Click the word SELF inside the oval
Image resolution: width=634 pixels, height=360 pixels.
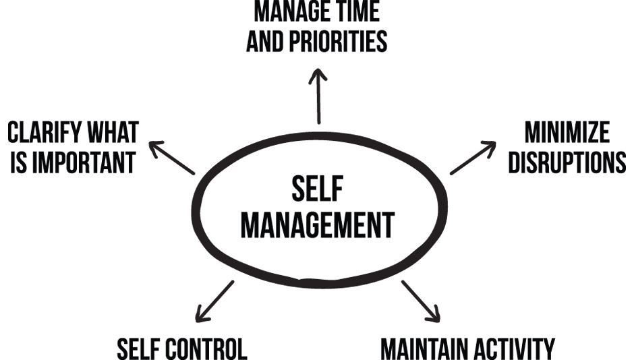click(x=318, y=188)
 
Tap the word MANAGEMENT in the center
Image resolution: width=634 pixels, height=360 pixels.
click(x=318, y=225)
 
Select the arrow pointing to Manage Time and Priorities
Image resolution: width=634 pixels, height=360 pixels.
click(x=318, y=96)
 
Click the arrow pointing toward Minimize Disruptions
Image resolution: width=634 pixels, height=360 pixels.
click(x=473, y=158)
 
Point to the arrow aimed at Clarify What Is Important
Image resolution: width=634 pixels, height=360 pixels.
click(x=172, y=158)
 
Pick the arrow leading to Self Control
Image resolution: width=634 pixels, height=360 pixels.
click(x=214, y=301)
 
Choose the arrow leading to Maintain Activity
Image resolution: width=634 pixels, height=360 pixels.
click(x=420, y=301)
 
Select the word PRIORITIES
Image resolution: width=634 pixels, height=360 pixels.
click(x=338, y=41)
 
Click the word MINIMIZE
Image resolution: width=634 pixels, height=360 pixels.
click(x=567, y=132)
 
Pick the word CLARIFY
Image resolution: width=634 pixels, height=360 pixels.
click(x=45, y=132)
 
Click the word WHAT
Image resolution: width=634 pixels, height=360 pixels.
click(x=113, y=132)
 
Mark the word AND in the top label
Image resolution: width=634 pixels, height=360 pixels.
click(x=265, y=41)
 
